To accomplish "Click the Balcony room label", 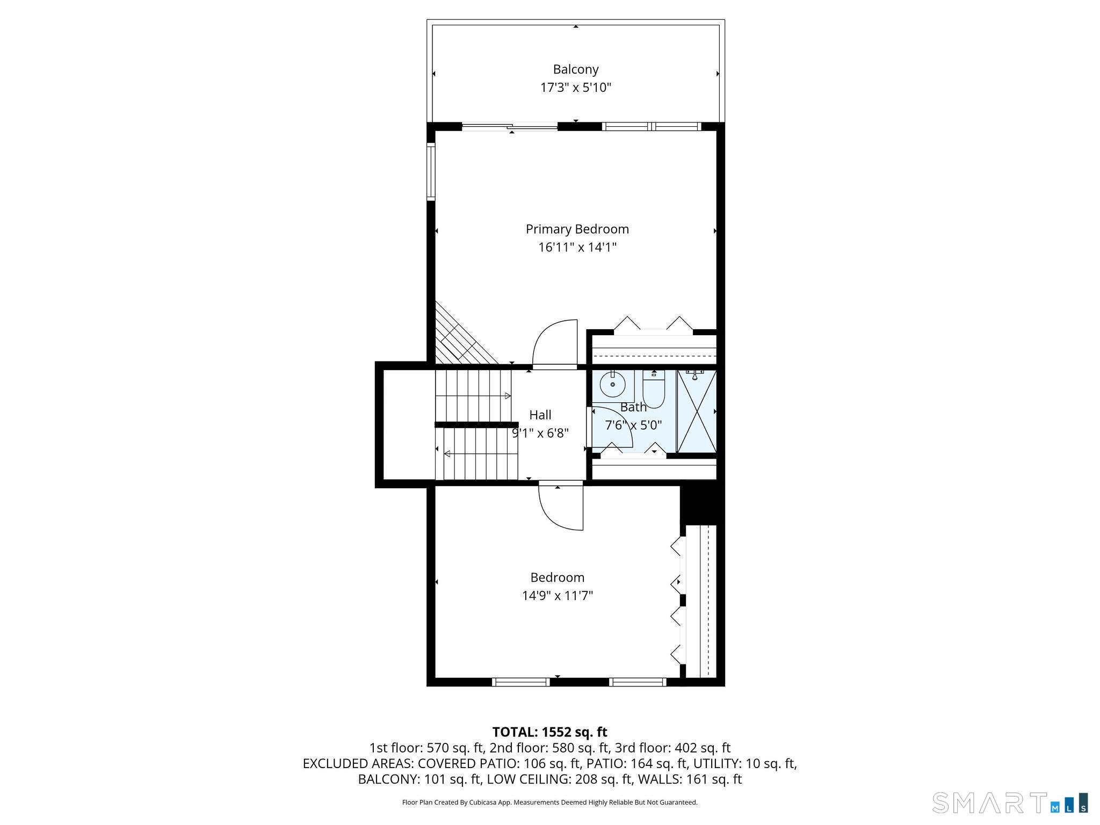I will point(575,69).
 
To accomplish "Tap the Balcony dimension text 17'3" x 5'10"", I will point(575,88).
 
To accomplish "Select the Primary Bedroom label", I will point(577,229).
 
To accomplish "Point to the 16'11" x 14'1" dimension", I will point(577,248).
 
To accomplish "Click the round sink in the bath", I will point(612,385).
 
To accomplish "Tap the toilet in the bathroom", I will point(654,392).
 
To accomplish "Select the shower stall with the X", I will point(697,411).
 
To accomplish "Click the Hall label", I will point(540,415).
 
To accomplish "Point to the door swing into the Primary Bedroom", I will point(553,344).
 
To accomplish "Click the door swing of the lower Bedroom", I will point(561,508).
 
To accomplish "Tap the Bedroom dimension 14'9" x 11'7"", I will point(557,596).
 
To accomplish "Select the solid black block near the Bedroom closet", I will point(702,505).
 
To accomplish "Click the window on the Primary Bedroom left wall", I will point(431,172).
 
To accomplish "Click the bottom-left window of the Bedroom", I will point(520,682).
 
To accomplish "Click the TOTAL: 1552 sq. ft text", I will point(549,732).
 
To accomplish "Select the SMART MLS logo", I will point(1010,802).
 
